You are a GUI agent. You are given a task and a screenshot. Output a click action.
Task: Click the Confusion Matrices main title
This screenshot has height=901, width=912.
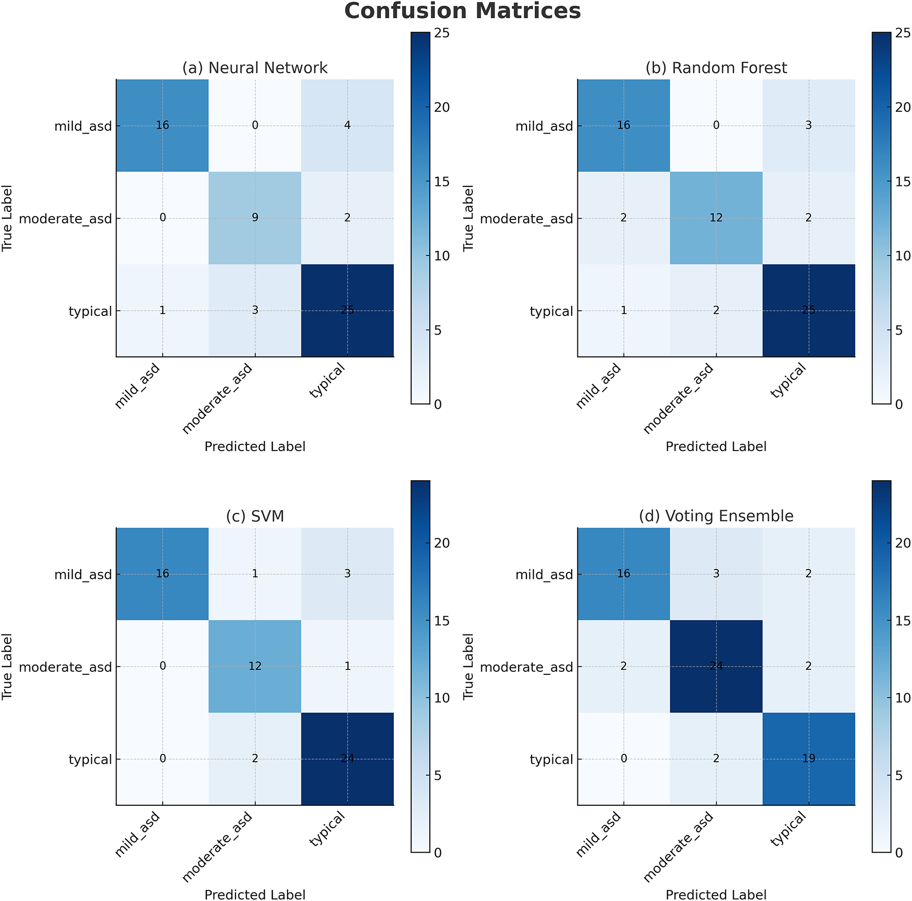pyautogui.click(x=462, y=11)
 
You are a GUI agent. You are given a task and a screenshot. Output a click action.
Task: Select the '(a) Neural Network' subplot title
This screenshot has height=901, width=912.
pyautogui.click(x=255, y=68)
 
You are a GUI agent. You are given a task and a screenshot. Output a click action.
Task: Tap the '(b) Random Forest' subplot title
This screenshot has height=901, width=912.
pyautogui.click(x=716, y=68)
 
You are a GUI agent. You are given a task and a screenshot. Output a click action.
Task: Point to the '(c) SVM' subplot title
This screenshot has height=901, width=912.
pyautogui.click(x=255, y=516)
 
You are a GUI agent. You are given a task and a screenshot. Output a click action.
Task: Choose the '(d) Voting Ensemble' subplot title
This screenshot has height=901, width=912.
pyautogui.click(x=716, y=516)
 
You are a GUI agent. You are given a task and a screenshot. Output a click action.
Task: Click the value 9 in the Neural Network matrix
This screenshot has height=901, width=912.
pyautogui.click(x=255, y=218)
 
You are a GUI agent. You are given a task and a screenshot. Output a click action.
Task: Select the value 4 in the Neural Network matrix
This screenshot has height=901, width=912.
pyautogui.click(x=347, y=125)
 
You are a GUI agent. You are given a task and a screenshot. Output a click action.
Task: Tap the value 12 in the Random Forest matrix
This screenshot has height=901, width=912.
pyautogui.click(x=716, y=218)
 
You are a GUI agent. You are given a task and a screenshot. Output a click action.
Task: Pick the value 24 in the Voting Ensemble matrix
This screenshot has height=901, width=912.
pyautogui.click(x=716, y=666)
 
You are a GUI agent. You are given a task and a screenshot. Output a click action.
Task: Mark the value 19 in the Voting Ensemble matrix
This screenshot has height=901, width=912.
pyautogui.click(x=809, y=759)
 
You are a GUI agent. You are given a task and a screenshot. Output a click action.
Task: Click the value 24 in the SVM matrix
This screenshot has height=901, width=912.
pyautogui.click(x=347, y=759)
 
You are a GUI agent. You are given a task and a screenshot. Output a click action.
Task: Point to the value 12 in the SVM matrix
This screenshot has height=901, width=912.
pyautogui.click(x=255, y=666)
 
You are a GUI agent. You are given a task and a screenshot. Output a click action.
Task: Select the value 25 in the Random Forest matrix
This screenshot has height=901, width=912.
pyautogui.click(x=809, y=311)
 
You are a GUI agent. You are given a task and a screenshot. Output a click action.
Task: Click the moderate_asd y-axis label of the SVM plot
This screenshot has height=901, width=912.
pyautogui.click(x=65, y=667)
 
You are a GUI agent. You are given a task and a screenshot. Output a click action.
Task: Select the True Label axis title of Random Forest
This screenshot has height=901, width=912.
pyautogui.click(x=468, y=218)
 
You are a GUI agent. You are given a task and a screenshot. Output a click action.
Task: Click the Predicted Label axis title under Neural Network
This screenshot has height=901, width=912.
pyautogui.click(x=255, y=447)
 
